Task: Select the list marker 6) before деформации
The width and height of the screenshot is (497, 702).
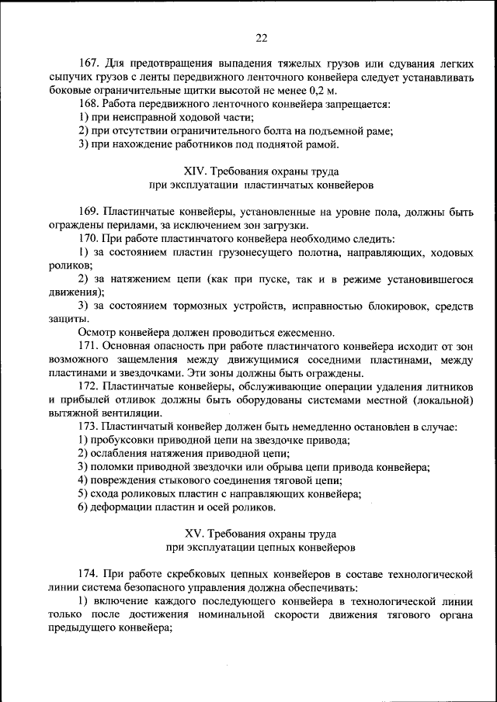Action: click(82, 508)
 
